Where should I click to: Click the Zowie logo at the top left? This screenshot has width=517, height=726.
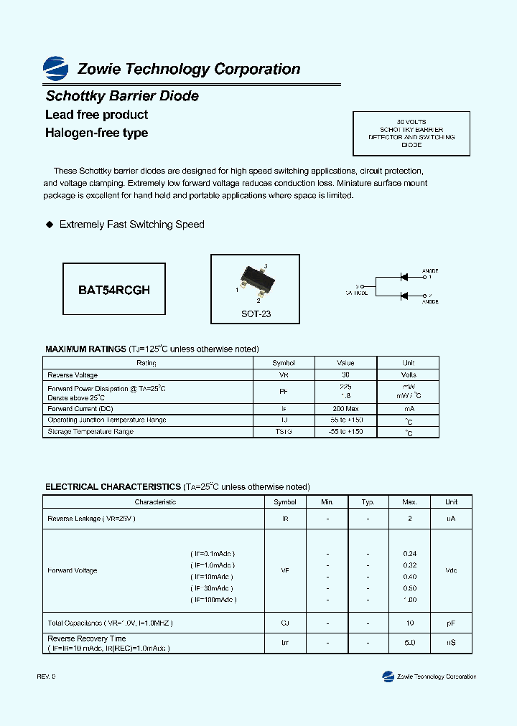click(55, 69)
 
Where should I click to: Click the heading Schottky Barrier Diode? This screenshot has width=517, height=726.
click(122, 96)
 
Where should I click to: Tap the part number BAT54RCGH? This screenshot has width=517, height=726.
click(114, 290)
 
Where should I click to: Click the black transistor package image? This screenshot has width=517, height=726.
click(256, 279)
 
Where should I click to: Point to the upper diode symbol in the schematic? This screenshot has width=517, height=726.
click(404, 276)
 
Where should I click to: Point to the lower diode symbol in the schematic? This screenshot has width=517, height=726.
click(404, 296)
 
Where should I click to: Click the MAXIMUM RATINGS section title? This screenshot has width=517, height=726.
click(85, 349)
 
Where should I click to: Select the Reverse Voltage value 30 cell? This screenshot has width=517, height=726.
click(345, 375)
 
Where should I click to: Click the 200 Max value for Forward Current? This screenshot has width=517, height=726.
click(345, 408)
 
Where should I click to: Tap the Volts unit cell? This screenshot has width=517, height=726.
click(408, 375)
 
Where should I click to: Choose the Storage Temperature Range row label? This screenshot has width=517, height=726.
click(90, 432)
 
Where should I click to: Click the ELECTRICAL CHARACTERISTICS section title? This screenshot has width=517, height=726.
click(113, 487)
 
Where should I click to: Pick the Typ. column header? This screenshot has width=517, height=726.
click(368, 502)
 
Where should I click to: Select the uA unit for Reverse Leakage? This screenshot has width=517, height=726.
click(451, 519)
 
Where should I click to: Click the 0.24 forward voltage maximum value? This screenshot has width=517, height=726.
click(410, 554)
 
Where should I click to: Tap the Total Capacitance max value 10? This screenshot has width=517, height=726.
click(410, 623)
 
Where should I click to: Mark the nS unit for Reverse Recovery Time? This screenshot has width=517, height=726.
click(451, 643)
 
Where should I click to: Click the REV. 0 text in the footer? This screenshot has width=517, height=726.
click(45, 677)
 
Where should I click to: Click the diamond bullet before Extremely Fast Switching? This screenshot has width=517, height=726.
click(50, 225)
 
